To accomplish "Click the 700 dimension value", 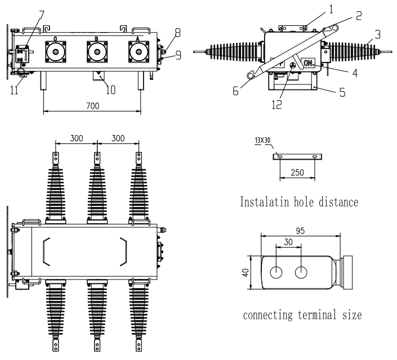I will tap(92, 105).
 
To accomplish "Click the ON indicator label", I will tap(309, 64).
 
